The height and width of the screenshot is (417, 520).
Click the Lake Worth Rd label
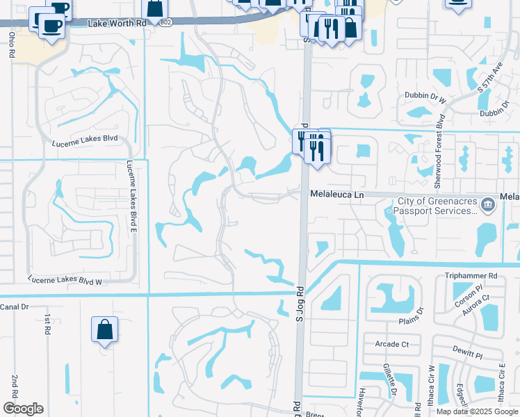tap(117, 24)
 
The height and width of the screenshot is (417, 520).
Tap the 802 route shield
tap(164, 23)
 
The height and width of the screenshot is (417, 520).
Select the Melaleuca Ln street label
tap(337, 195)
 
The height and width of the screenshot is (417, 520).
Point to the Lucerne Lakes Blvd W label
tap(65, 281)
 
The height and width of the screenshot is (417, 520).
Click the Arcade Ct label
tap(391, 344)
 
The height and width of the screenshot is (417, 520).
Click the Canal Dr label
tap(14, 306)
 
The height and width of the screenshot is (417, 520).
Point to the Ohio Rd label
tap(12, 44)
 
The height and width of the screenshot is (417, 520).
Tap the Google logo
tap(23, 409)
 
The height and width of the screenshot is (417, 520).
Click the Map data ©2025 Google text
tap(477, 411)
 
